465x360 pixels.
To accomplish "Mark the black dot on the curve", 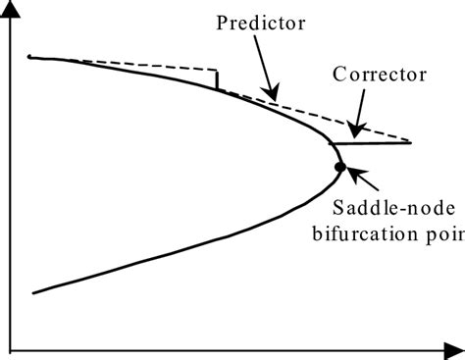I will [x=339, y=166].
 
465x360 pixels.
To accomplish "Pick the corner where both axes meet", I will [x=9, y=349].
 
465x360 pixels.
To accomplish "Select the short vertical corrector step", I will [x=218, y=79].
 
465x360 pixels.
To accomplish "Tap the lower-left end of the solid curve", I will [x=35, y=292].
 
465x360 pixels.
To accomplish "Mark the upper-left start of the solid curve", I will [x=30, y=58].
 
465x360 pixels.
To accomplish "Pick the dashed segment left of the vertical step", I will [x=147, y=65].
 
